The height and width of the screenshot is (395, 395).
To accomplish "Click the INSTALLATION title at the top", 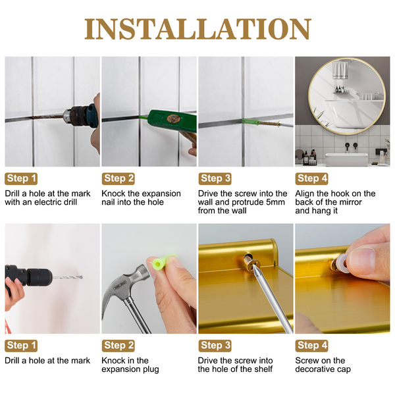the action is point(197,29).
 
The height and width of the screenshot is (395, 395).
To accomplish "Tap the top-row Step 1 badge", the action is point(21,178).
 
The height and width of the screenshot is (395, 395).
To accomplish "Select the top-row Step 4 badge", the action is point(311,178).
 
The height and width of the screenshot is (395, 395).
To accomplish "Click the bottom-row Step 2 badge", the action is point(118,346).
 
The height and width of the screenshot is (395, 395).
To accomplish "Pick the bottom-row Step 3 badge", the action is point(215,346).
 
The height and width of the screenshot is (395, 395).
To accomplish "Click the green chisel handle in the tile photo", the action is point(172,120).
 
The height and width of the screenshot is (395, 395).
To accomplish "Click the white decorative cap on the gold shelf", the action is point(341,263).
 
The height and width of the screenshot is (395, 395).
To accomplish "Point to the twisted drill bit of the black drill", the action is point(68,277).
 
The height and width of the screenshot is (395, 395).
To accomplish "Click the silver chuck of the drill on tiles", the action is point(67,116).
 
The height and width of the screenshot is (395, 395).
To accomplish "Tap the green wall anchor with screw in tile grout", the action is point(261,122).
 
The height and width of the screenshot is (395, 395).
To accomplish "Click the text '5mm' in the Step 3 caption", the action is point(276,202).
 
